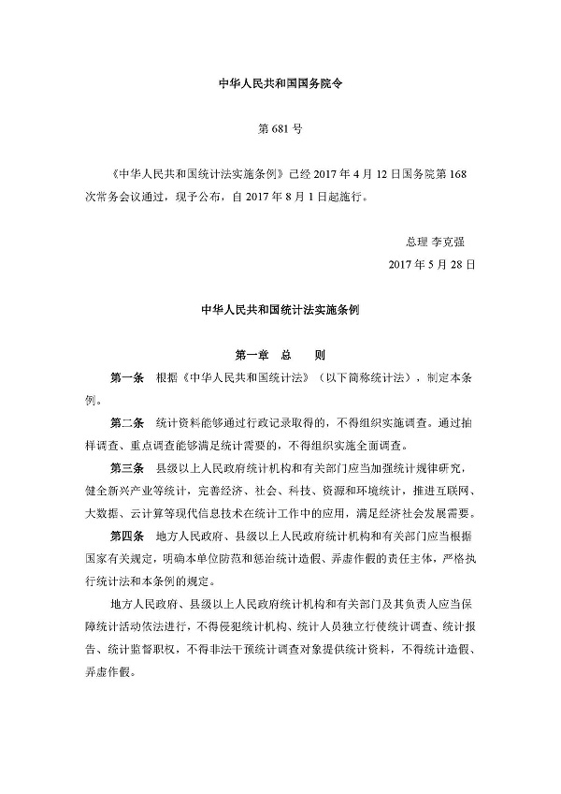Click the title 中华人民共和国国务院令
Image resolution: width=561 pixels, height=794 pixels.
click(280, 81)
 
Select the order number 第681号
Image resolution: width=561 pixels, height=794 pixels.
click(280, 125)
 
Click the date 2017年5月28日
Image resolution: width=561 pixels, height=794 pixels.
click(432, 265)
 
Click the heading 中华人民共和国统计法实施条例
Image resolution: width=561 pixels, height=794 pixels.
click(280, 309)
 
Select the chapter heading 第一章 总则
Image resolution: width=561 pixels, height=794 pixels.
click(280, 356)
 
